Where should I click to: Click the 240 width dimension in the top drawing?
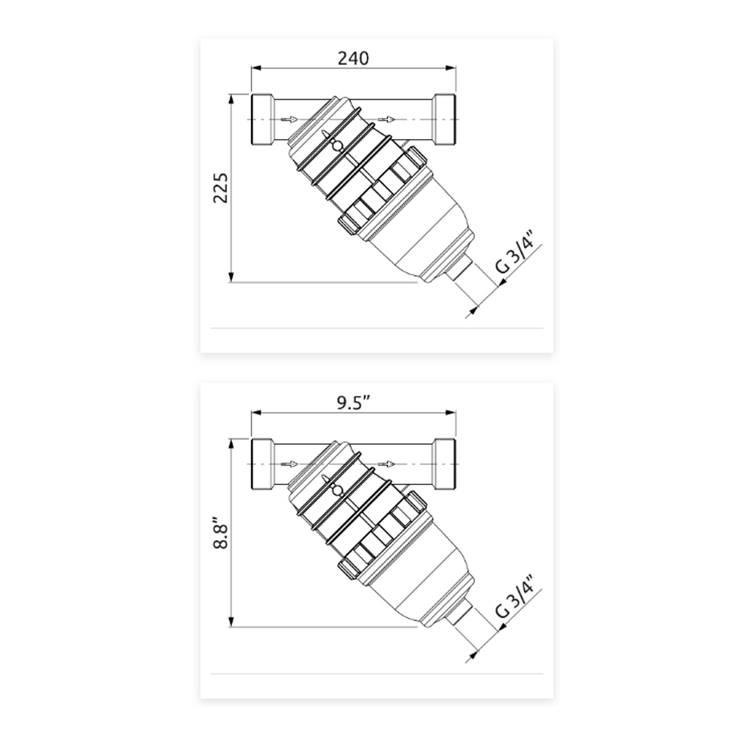(353, 58)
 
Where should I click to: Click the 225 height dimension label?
(221, 188)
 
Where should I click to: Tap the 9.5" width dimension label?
(354, 403)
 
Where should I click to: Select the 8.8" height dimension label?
(221, 533)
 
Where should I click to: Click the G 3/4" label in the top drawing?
(518, 256)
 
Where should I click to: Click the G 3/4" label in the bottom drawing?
(518, 601)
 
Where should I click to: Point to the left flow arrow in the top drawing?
(289, 119)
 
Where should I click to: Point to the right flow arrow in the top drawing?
(386, 119)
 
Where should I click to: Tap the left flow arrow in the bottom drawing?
(289, 464)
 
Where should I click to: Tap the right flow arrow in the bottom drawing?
(386, 464)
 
